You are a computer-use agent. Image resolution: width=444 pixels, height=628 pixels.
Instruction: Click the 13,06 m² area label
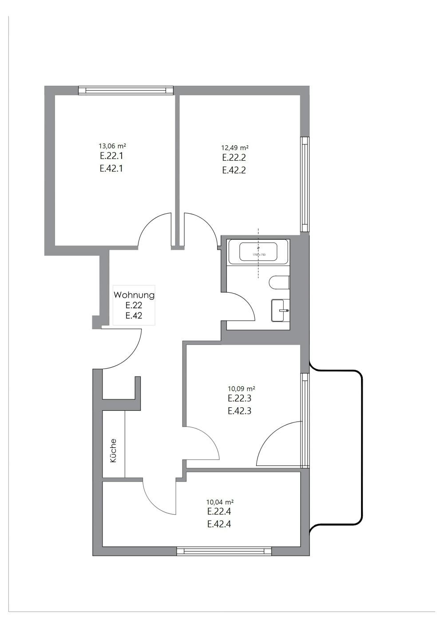point(112,146)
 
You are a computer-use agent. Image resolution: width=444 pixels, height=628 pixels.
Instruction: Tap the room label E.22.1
point(111,156)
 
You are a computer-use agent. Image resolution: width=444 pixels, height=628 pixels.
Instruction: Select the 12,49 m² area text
point(235,147)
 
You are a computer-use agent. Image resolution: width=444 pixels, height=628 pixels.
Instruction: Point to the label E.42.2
point(234,170)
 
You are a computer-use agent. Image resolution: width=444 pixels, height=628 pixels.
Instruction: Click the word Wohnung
point(134,295)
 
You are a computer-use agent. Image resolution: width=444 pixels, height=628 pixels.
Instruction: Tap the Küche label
point(113,451)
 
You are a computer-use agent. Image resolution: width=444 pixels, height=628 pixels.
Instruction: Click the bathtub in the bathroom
point(258,252)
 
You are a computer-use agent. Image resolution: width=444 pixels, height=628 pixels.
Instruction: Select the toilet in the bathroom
point(280,282)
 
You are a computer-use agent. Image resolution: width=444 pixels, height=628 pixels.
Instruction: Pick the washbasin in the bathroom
point(280,310)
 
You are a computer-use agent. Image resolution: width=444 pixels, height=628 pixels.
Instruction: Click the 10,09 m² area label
point(242,389)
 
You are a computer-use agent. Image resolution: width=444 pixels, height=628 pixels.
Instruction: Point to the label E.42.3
point(240,411)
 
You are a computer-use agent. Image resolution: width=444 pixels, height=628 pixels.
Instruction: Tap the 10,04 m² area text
point(220,502)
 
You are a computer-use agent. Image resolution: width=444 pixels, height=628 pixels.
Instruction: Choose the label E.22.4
point(219,512)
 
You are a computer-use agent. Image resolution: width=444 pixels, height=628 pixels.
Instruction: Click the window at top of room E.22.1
point(126,90)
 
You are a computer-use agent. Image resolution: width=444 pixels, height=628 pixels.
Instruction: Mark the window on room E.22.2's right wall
point(305,184)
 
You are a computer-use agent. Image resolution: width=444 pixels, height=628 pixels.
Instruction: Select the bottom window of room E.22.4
point(224,551)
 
